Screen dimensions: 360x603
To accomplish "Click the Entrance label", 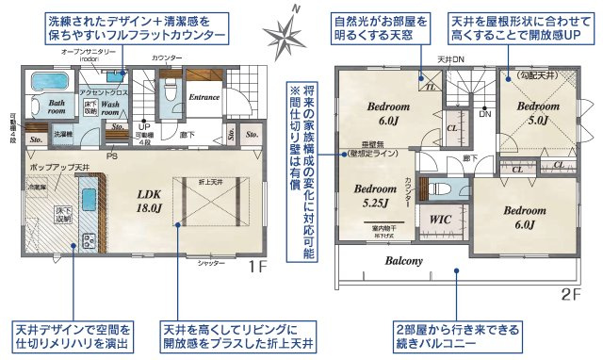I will click(x=204, y=96).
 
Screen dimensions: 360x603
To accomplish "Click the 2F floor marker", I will click(x=570, y=294).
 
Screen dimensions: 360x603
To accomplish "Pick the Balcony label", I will click(x=401, y=261).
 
